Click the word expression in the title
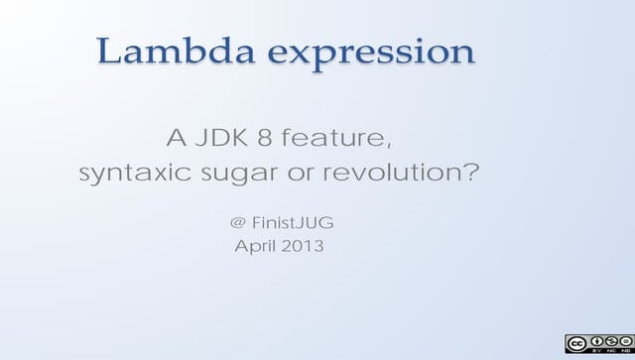coord(374,54)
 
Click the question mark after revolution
coord(470,174)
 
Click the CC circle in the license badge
coord(574,342)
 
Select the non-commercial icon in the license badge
coord(609,340)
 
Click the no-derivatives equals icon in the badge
coord(624,340)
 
